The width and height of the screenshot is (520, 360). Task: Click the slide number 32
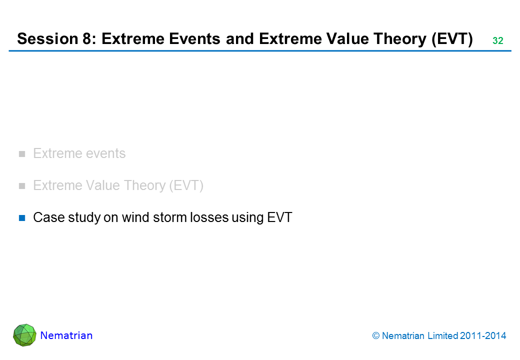pos(498,41)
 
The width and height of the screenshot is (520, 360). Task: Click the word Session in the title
pos(47,39)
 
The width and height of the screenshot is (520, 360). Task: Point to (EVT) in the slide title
pos(452,39)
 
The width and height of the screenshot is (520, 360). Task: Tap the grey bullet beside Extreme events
pos(22,154)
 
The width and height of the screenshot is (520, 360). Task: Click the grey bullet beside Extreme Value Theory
pos(22,186)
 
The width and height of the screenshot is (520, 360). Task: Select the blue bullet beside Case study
pos(22,218)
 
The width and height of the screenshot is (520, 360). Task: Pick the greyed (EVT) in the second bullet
pos(186,185)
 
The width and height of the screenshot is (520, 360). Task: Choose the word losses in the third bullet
pos(209,217)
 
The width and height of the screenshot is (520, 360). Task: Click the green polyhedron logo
pos(25,335)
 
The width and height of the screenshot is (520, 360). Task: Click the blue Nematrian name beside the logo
pos(66,335)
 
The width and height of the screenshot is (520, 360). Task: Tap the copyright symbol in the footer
pos(375,336)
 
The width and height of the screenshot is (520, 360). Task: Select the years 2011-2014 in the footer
pos(483,336)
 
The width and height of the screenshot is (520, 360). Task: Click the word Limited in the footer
pos(442,336)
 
